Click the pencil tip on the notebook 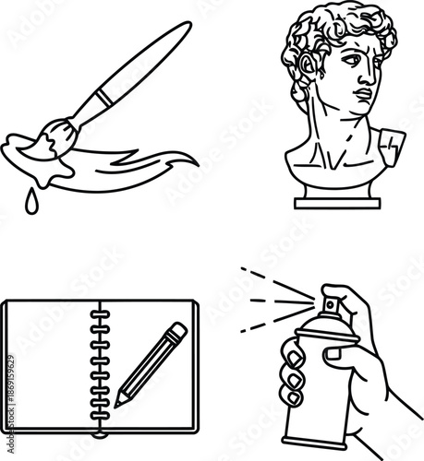click(116, 402)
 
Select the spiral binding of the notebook click(98, 369)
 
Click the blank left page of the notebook click(46, 369)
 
